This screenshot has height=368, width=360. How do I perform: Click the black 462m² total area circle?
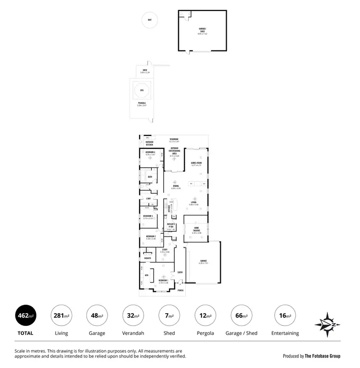point(26,316)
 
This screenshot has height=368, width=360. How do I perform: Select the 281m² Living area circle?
point(61,316)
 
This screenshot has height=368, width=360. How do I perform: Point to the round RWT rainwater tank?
point(150,20)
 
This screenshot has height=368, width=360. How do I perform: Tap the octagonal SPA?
point(142,91)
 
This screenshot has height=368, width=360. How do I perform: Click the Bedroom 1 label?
point(163,280)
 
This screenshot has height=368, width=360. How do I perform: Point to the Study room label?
point(165,249)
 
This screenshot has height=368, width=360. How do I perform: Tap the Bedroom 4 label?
point(150,152)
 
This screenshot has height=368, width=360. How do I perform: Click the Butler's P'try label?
point(171,225)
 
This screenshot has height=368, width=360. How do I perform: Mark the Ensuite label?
point(147,258)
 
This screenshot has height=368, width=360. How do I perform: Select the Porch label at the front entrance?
point(180,290)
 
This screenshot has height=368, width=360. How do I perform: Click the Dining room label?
point(176,186)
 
